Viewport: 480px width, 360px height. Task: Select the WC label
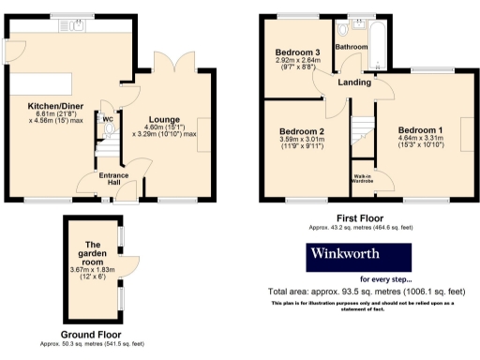pos(109,119)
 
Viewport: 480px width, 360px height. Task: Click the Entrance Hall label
pos(114,178)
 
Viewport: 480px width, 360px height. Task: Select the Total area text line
pos(361,292)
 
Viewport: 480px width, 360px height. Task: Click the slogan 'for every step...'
pos(384,278)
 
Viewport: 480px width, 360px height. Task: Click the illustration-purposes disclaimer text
pos(362,305)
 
